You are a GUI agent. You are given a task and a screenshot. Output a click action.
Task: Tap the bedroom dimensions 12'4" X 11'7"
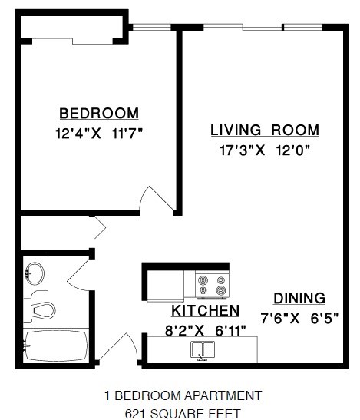[x=99, y=132]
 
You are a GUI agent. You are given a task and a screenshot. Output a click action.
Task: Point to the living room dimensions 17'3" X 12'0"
[x=264, y=150]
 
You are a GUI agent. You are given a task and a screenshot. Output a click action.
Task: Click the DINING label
[x=299, y=298]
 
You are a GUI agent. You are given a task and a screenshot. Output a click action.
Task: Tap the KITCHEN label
[x=204, y=311]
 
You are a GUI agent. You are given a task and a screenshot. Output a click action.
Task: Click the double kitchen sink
[x=204, y=350]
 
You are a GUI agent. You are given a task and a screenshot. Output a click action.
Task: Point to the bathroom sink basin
[x=35, y=273]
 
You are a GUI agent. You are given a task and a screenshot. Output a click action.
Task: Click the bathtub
[x=58, y=348]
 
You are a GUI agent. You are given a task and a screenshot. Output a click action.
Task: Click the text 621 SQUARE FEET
[x=183, y=412]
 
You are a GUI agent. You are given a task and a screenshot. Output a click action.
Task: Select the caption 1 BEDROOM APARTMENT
[x=183, y=396]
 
